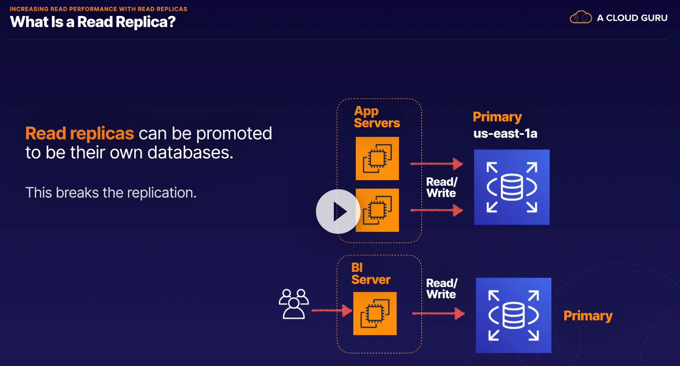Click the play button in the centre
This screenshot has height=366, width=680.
(x=338, y=212)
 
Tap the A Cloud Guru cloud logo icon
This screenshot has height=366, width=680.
(x=581, y=17)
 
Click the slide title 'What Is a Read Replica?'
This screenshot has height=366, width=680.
(x=93, y=22)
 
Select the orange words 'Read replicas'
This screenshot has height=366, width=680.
(x=79, y=133)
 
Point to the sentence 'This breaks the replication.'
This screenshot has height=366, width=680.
(x=111, y=193)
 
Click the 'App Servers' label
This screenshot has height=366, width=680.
(x=377, y=117)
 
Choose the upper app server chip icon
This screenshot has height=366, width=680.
(x=377, y=158)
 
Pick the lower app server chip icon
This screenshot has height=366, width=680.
(x=377, y=210)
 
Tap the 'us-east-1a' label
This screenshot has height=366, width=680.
(x=505, y=133)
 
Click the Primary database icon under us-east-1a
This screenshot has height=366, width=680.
(x=512, y=187)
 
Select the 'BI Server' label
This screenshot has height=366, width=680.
(x=371, y=274)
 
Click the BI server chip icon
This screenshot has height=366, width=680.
(x=375, y=314)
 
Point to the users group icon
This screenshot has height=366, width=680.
(x=293, y=304)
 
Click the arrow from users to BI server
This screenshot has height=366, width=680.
(x=332, y=311)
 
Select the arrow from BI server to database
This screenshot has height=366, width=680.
(x=438, y=314)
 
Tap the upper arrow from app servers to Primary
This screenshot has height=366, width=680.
(x=436, y=164)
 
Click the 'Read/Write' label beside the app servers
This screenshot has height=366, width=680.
(x=442, y=188)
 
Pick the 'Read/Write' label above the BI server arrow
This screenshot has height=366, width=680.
(x=442, y=289)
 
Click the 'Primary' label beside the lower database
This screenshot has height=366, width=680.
(x=588, y=316)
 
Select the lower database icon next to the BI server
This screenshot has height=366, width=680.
(x=514, y=315)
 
